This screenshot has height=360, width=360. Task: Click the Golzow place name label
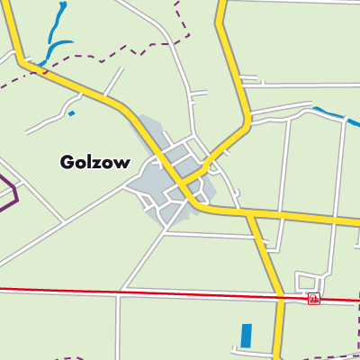[x=94, y=163]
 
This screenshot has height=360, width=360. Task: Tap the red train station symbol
[x=313, y=298]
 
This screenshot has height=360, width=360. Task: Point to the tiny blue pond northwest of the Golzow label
[x=71, y=114]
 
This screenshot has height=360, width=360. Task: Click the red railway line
[x=135, y=292]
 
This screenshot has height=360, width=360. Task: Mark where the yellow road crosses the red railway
[x=280, y=296]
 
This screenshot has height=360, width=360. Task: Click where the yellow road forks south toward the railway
[x=248, y=214]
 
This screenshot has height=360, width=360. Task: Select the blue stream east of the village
[x=329, y=114]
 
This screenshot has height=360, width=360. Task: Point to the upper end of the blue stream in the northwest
[x=63, y=5]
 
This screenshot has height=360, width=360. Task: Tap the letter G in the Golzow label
[x=67, y=163]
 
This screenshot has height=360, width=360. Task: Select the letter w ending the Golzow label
[x=122, y=164]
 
